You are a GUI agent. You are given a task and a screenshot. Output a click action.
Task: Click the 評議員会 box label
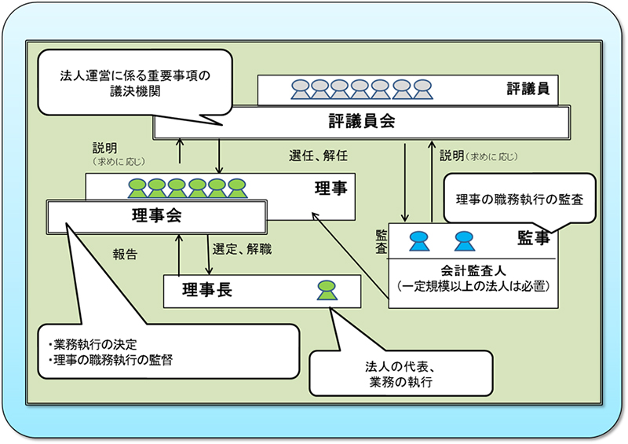[361, 123]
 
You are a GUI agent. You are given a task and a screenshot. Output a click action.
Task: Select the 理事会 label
[155, 216]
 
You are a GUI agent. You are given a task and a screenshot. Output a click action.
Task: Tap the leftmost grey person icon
[300, 89]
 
